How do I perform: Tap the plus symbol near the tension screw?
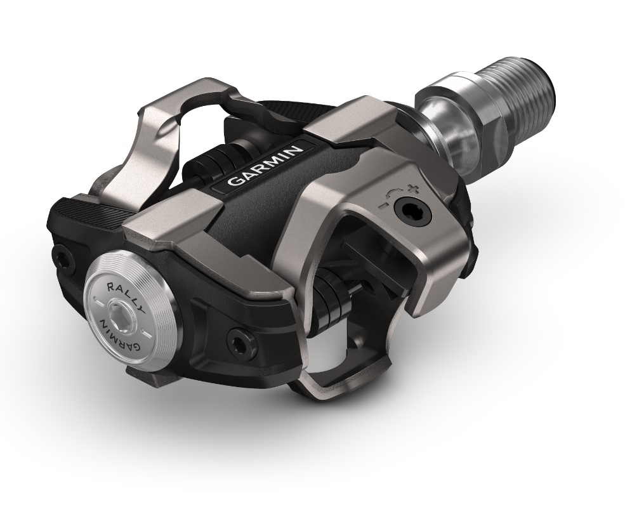click(x=415, y=188)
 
